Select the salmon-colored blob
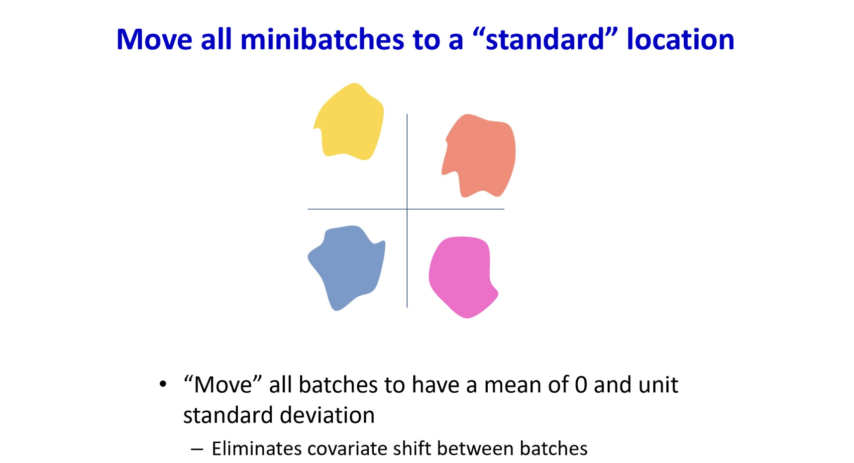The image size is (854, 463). click(x=479, y=156)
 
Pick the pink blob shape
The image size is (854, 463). click(x=463, y=277)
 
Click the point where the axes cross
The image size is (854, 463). click(x=407, y=209)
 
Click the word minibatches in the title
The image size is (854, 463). click(x=322, y=39)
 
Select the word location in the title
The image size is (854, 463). click(x=680, y=39)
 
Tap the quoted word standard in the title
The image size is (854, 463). click(x=544, y=39)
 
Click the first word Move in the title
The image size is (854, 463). click(x=154, y=39)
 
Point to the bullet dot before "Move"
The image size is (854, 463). click(x=163, y=384)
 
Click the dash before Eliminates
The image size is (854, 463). click(x=197, y=450)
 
